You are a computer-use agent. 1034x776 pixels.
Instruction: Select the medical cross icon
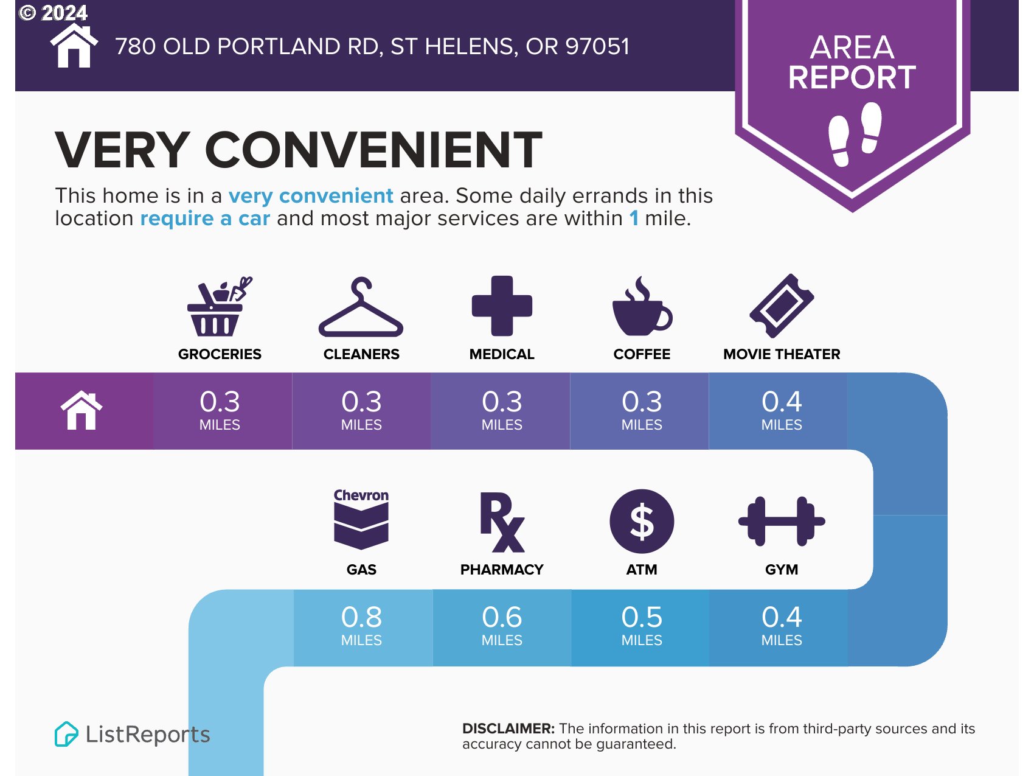coord(502,306)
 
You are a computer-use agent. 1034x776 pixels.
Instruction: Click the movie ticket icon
coord(782,306)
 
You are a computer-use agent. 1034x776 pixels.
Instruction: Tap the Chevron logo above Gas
coord(361,519)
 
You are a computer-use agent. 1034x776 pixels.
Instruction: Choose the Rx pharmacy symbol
coord(502,522)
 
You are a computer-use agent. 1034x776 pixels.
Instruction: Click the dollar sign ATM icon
coord(642,522)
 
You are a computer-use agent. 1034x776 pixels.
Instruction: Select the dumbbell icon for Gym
coord(782,521)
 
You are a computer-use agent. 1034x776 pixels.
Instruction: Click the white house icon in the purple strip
coord(82,411)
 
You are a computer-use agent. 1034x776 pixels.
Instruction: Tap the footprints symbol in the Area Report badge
coord(855,134)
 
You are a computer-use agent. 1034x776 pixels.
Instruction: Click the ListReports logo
coord(132,734)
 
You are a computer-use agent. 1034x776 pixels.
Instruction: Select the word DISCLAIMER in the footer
coord(508,729)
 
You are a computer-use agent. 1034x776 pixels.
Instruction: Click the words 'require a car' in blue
coord(205,218)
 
